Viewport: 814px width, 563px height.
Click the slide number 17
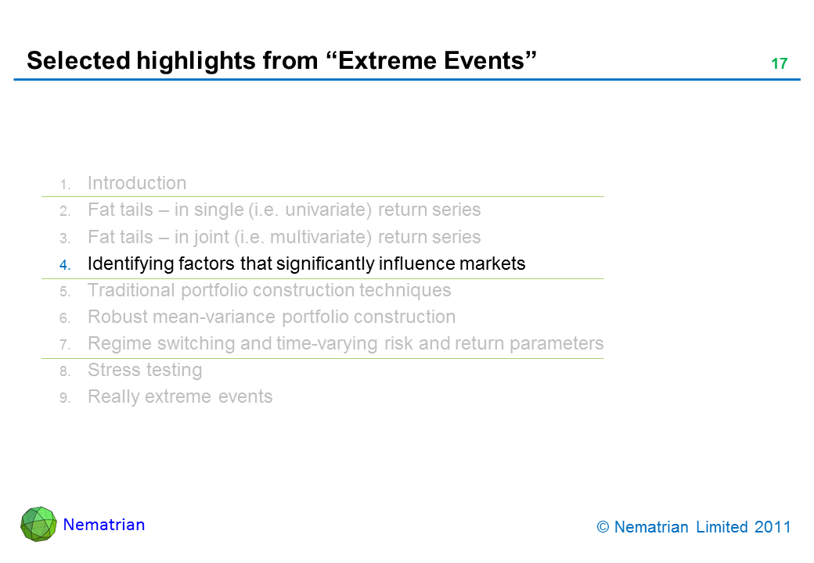(x=780, y=63)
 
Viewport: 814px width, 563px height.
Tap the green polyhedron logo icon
(x=38, y=524)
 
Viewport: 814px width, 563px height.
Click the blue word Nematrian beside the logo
(x=104, y=525)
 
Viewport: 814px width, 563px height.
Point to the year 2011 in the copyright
(x=773, y=527)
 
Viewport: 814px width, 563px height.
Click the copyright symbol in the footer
(x=603, y=527)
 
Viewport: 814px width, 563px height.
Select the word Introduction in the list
(x=137, y=183)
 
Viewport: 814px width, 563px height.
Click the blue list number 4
(x=64, y=265)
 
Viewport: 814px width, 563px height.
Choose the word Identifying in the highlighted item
(x=130, y=264)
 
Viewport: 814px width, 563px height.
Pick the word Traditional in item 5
(x=131, y=290)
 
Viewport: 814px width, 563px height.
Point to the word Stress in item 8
(x=112, y=370)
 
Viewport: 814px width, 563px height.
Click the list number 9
(x=64, y=398)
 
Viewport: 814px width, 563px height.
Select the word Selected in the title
(x=78, y=60)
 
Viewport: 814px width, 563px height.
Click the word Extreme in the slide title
(x=384, y=60)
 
